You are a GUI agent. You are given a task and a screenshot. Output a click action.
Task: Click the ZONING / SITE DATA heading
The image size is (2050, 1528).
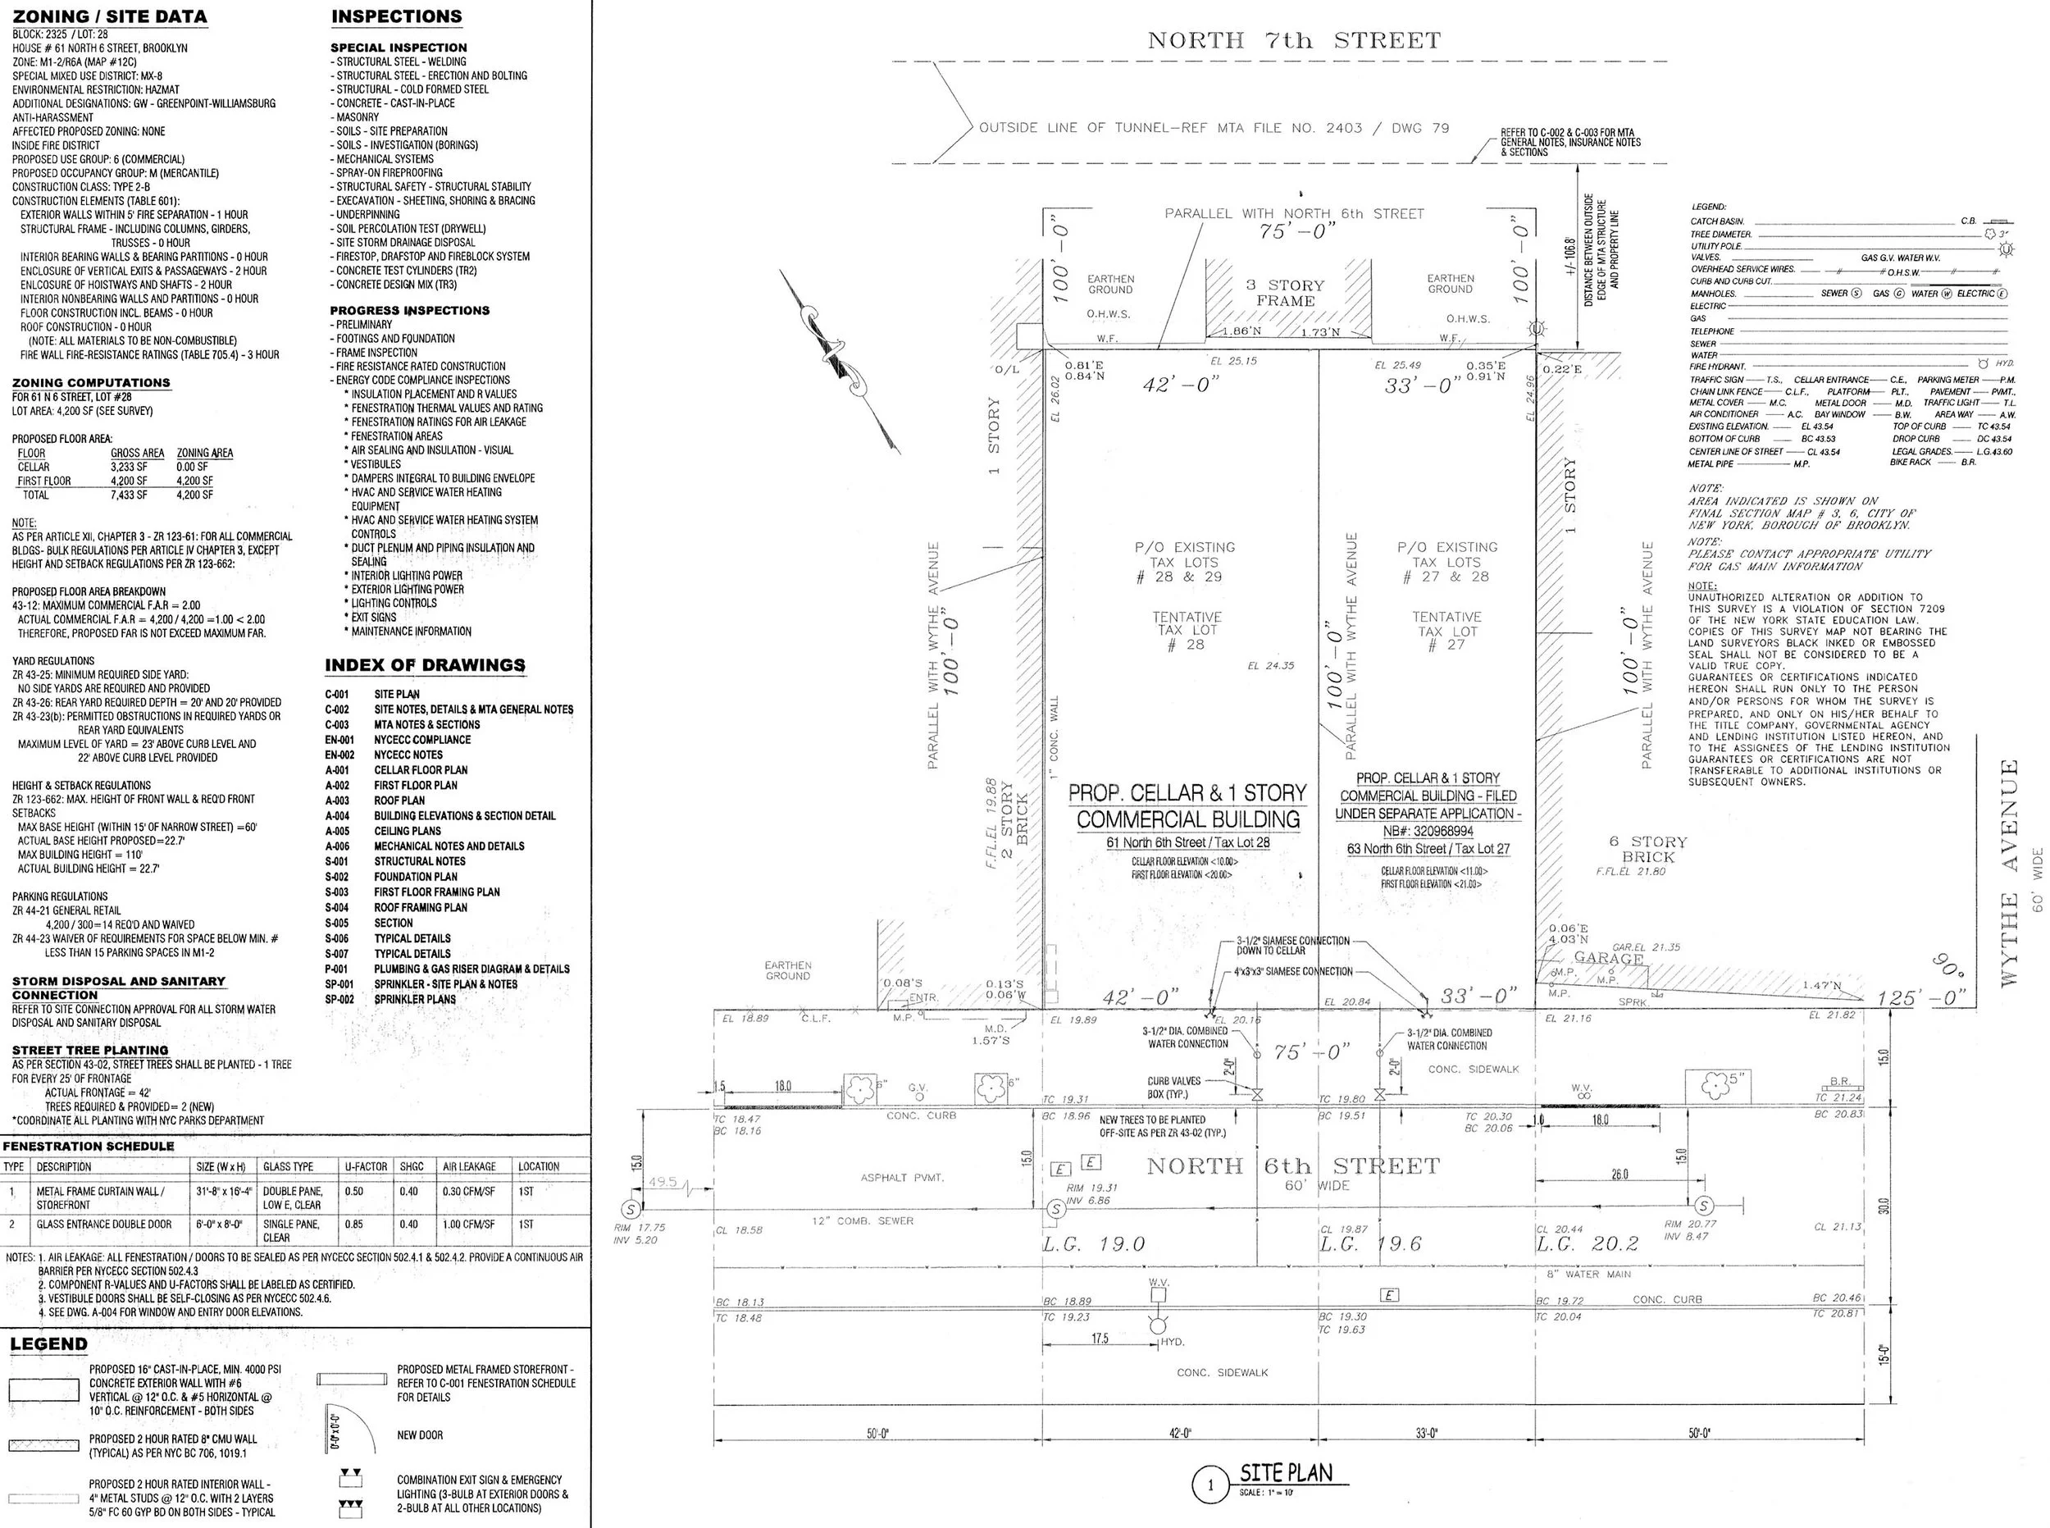[109, 16]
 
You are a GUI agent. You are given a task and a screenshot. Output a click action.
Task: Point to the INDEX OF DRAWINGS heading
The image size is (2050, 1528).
[425, 665]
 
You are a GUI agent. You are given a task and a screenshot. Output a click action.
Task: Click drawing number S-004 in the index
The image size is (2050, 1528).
[336, 907]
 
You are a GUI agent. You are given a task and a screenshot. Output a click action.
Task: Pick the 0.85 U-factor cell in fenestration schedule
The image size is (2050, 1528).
[353, 1224]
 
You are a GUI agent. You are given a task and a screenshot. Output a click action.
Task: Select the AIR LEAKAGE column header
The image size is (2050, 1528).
[469, 1166]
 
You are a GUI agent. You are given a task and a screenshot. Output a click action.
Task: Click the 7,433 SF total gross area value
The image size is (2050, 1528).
[129, 495]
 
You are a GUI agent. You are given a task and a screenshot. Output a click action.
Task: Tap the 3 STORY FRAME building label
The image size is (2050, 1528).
[1285, 293]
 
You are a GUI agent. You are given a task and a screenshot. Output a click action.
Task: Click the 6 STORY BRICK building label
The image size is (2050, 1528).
[1647, 849]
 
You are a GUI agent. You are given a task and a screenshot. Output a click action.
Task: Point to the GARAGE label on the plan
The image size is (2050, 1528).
[1608, 958]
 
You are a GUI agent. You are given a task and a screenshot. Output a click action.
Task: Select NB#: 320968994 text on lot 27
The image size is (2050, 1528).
[1428, 832]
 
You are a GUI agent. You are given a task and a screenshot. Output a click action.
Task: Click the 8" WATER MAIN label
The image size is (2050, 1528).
[1588, 1274]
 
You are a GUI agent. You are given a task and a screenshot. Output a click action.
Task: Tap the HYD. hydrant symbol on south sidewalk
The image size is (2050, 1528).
[1159, 1325]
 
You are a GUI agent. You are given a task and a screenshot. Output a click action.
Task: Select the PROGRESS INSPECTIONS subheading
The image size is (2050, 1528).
[410, 311]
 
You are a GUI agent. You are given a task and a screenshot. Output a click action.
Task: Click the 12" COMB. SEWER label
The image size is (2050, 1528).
[863, 1221]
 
